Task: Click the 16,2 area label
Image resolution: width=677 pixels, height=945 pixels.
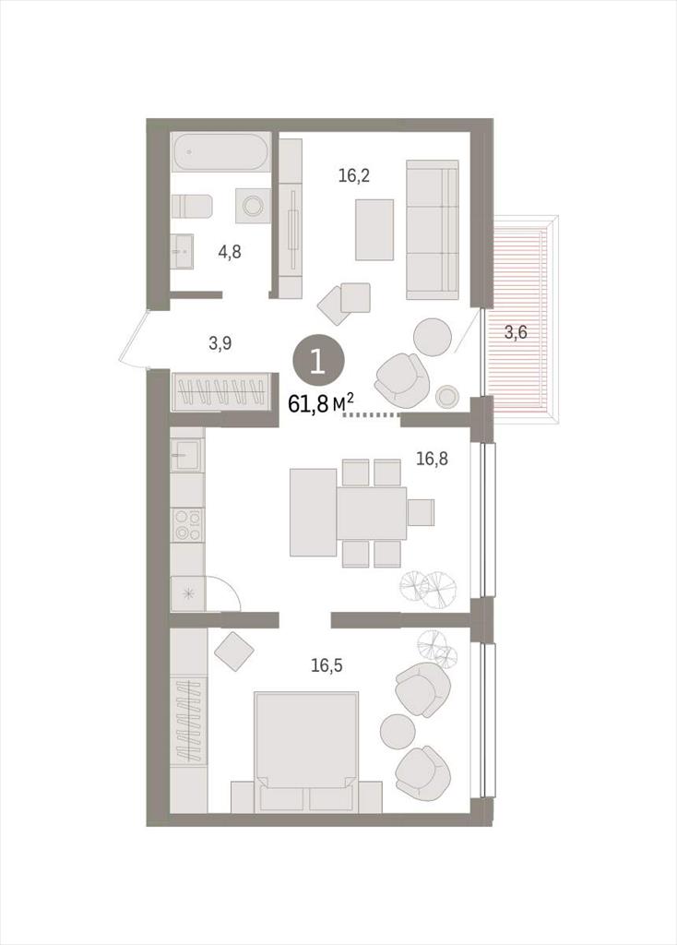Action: click(x=353, y=176)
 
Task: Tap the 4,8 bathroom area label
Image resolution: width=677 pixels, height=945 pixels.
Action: click(x=230, y=251)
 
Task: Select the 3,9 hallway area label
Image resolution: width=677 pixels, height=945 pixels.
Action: click(x=220, y=343)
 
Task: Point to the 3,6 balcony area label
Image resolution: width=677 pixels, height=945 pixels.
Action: click(x=516, y=331)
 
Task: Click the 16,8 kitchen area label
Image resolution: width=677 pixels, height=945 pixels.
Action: click(x=432, y=460)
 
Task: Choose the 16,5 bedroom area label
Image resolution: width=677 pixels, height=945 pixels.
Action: click(x=327, y=666)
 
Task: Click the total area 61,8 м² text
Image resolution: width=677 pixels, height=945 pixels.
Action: click(x=320, y=402)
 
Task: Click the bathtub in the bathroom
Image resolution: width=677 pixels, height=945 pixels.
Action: click(x=220, y=152)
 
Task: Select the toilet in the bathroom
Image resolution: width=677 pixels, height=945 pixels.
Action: click(x=192, y=206)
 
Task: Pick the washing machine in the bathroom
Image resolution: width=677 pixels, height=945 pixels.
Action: click(x=252, y=206)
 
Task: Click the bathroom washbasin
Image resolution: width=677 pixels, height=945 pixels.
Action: click(x=182, y=251)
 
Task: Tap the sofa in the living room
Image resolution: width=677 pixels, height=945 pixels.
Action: click(x=433, y=230)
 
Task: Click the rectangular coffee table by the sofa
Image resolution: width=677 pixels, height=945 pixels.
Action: click(x=374, y=230)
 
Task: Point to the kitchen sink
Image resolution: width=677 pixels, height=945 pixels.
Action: click(x=187, y=455)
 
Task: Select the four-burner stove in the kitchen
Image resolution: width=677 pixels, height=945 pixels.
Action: click(x=187, y=525)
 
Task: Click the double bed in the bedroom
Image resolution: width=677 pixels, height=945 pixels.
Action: click(x=306, y=751)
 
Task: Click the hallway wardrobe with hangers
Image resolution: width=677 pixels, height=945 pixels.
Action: click(x=220, y=391)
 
